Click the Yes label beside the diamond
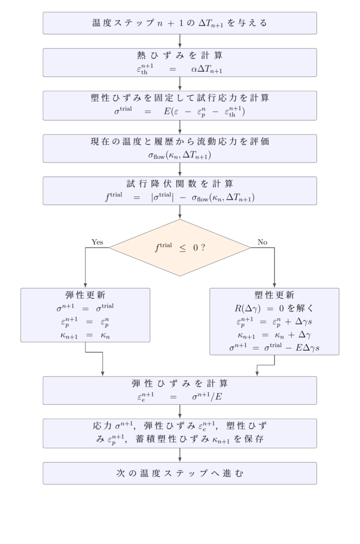[x=97, y=242]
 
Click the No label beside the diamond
[x=262, y=242]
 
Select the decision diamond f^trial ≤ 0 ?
[x=179, y=248]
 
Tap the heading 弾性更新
[x=85, y=295]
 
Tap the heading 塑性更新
[x=275, y=295]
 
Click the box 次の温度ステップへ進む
[x=179, y=473]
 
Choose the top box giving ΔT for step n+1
[x=179, y=23]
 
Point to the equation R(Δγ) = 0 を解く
[x=275, y=308]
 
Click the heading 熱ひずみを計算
[x=179, y=55]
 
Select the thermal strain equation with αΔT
[x=179, y=69]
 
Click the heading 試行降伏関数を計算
[x=179, y=183]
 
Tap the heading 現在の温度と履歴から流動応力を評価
[x=179, y=141]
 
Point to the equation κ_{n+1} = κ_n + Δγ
[x=275, y=335]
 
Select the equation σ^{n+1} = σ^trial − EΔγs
[x=275, y=347]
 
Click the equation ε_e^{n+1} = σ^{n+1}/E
[x=179, y=396]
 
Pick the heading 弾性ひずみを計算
[x=179, y=384]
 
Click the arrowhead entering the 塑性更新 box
[x=275, y=285]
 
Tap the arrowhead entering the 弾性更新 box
[x=85, y=285]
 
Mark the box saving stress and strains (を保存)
[x=179, y=433]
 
